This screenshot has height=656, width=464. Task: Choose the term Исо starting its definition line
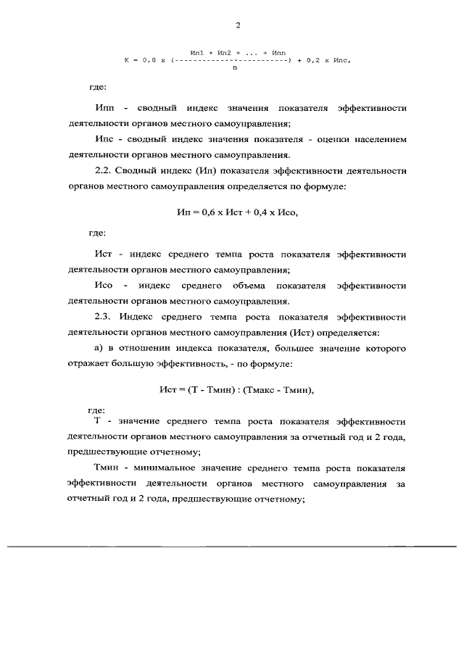coord(104,286)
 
